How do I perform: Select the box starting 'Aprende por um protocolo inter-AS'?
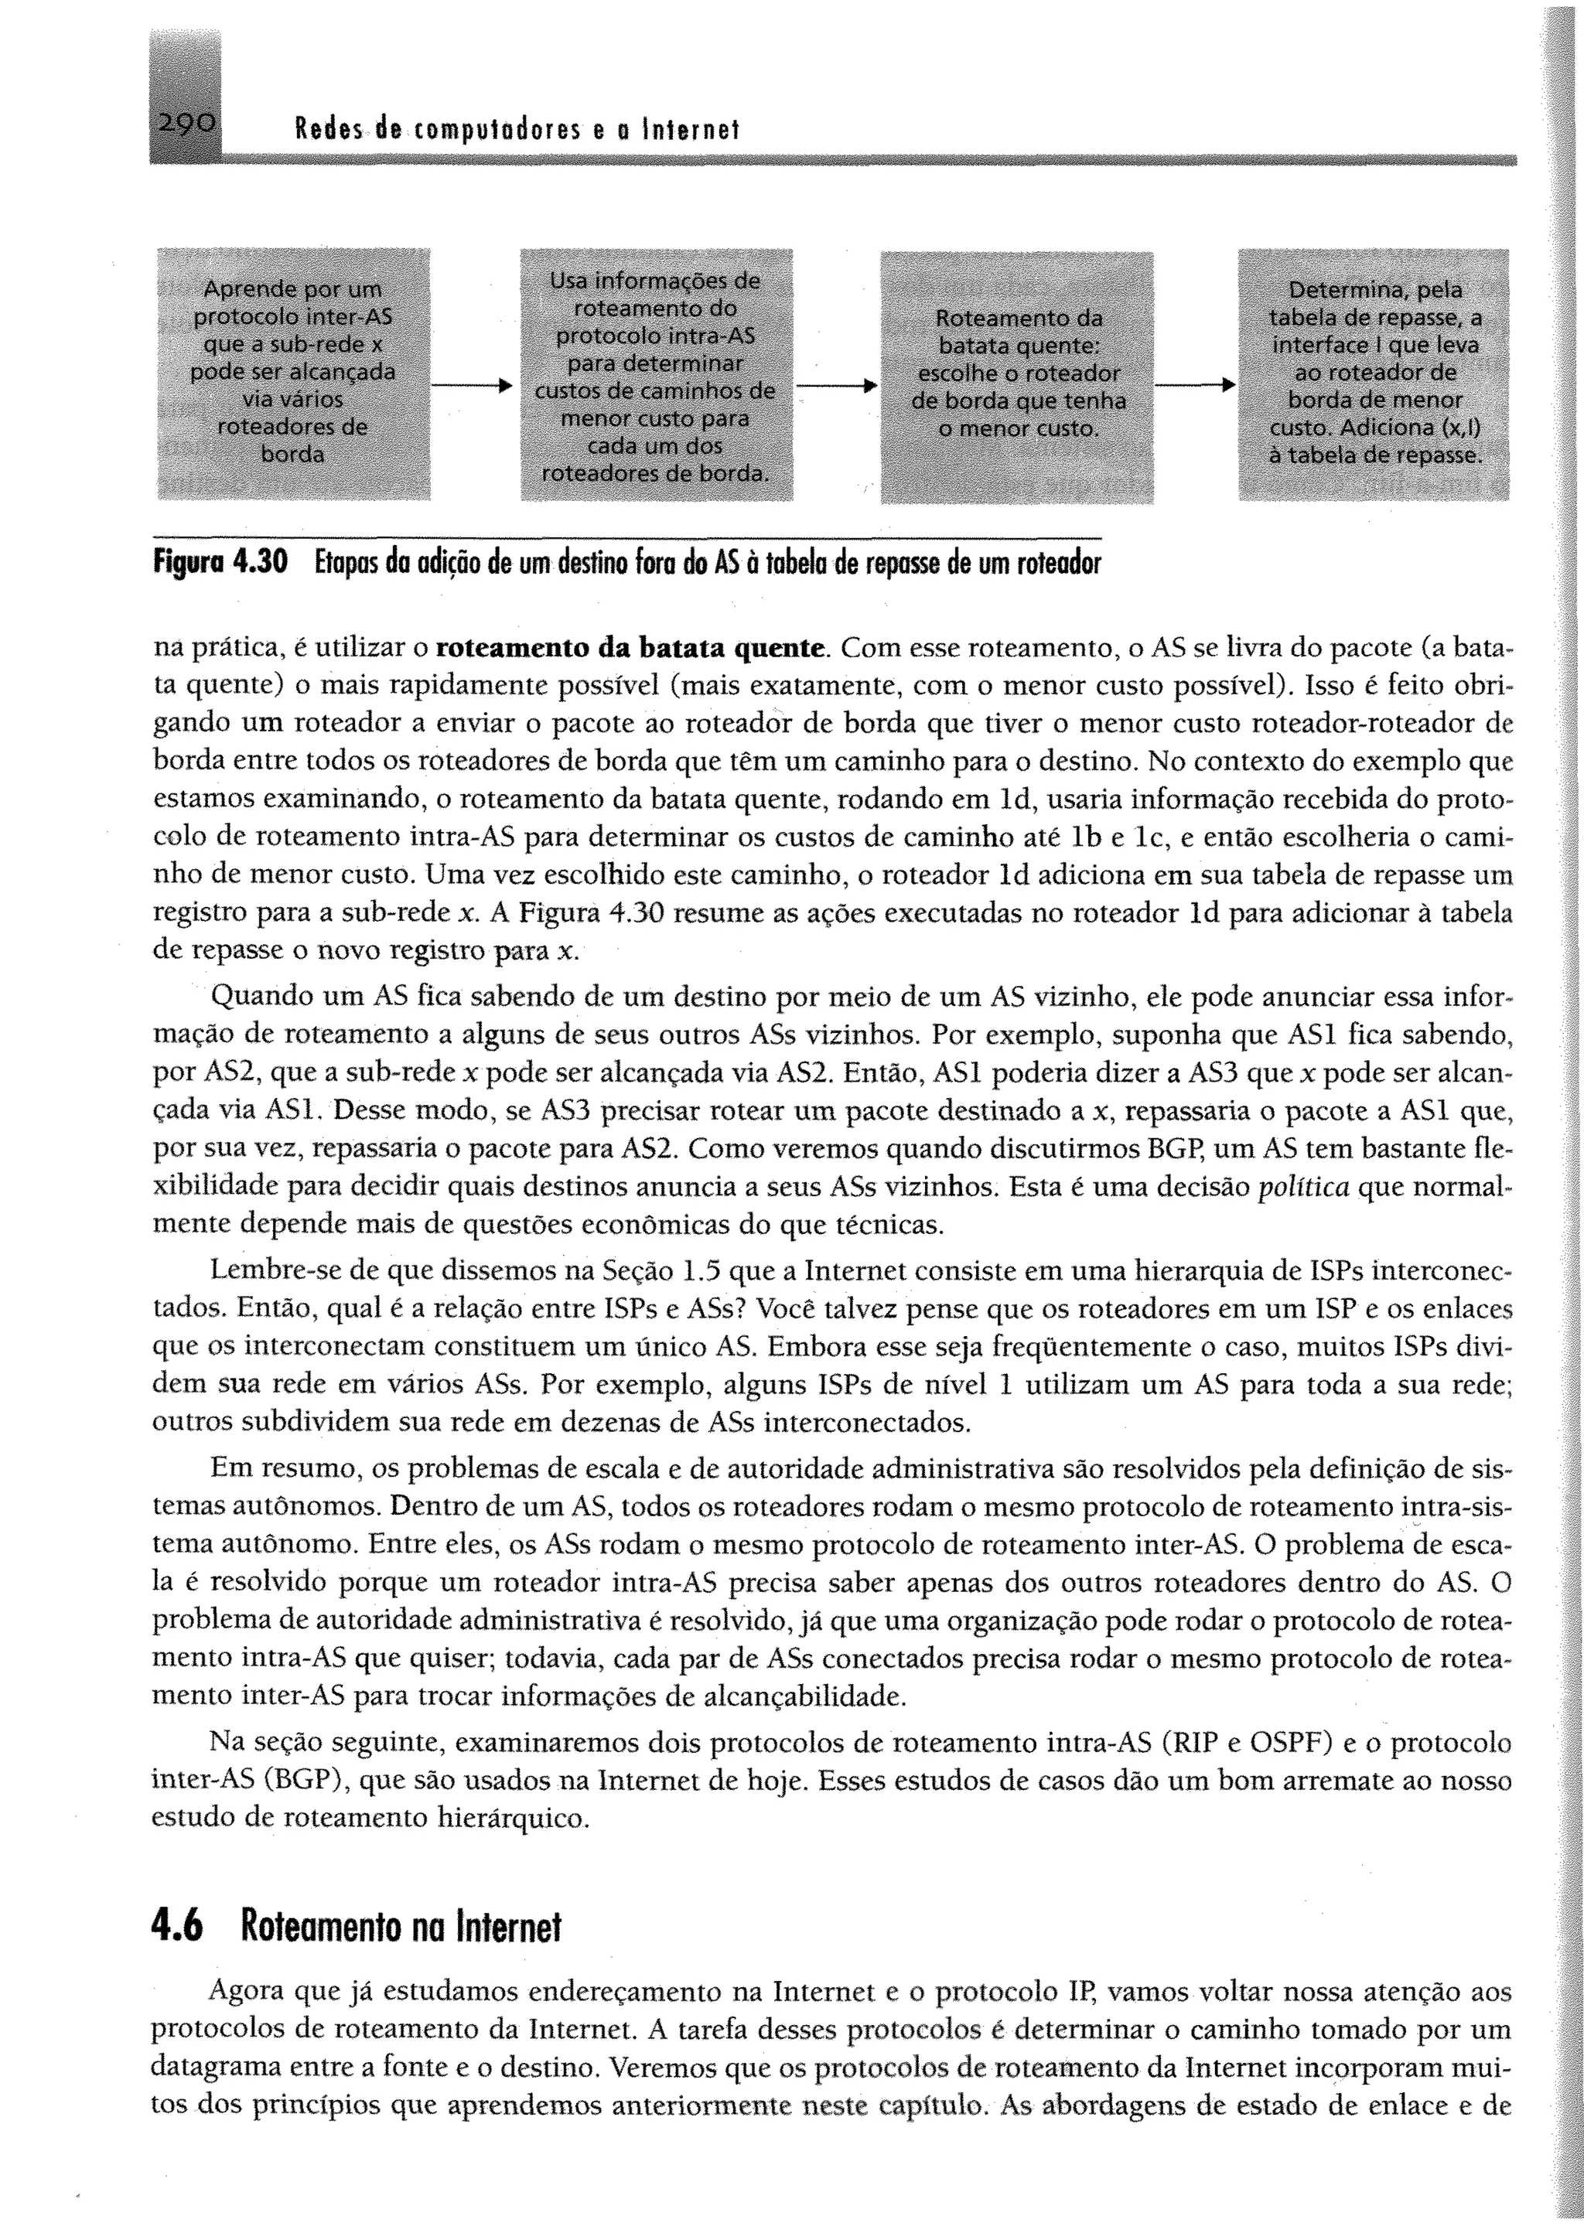[x=294, y=373]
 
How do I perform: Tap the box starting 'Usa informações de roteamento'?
[x=655, y=377]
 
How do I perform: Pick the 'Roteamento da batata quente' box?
[x=1017, y=377]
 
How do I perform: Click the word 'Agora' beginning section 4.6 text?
[x=243, y=1991]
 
